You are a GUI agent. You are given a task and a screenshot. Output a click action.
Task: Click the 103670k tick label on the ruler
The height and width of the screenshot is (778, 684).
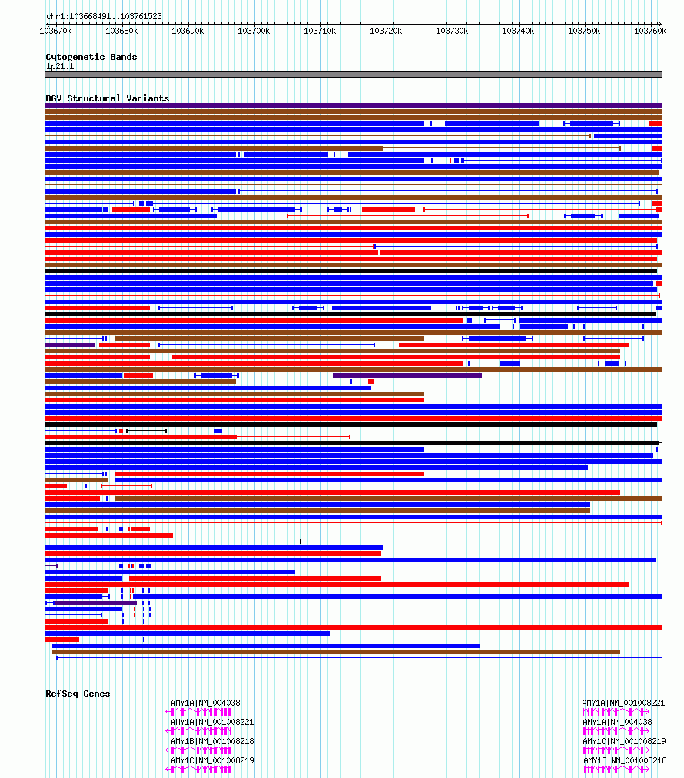coord(55,31)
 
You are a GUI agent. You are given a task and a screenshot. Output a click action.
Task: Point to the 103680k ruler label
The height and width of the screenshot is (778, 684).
coord(121,31)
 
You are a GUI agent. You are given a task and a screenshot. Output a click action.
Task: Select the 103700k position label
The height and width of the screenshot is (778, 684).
coord(254,31)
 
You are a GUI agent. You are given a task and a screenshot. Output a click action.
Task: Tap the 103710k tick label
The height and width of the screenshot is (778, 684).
coord(320,31)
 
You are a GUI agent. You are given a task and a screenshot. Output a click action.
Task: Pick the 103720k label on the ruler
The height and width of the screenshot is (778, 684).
coord(386,31)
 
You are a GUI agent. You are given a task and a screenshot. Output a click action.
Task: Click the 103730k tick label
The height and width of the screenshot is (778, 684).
coord(452,31)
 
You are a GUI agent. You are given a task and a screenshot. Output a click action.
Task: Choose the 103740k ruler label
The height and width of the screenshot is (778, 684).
coord(518,31)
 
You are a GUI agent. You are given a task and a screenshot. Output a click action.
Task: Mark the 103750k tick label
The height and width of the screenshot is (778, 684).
coord(584,31)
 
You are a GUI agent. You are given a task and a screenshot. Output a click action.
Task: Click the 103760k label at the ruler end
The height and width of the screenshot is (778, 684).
coord(649,31)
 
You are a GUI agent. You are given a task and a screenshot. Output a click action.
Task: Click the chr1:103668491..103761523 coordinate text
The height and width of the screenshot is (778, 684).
coord(104,16)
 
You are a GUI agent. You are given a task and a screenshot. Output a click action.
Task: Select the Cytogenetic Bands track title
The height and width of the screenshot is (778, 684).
coord(91,57)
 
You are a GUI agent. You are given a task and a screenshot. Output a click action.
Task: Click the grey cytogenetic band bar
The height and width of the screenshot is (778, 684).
coord(354,74)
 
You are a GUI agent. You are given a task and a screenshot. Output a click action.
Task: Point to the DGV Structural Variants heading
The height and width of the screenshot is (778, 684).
coord(107,98)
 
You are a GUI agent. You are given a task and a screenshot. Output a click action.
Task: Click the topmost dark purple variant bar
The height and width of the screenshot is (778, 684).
coord(354,105)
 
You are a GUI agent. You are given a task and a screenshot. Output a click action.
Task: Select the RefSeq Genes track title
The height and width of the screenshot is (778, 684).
coord(78,694)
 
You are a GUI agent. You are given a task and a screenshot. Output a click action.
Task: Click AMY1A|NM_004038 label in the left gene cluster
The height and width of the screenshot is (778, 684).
coord(205,703)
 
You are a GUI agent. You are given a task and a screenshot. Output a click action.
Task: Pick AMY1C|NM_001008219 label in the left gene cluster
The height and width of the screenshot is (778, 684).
coord(212,760)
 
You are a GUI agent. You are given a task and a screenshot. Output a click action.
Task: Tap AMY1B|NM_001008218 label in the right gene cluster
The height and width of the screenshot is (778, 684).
coord(623,760)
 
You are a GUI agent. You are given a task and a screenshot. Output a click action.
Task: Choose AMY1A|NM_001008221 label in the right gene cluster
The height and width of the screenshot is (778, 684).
coord(623,703)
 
